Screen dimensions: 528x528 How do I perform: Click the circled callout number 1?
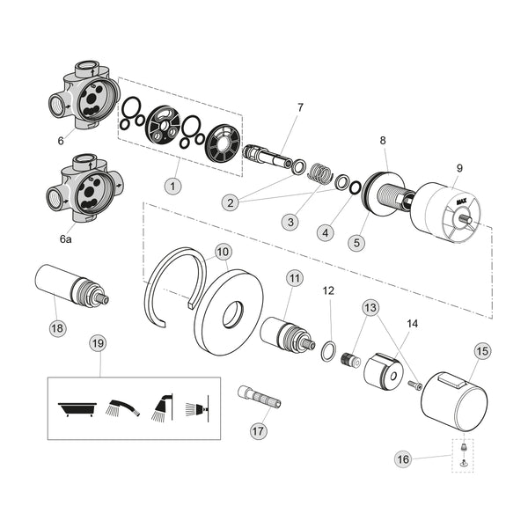[173, 187]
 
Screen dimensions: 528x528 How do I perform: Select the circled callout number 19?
[99, 343]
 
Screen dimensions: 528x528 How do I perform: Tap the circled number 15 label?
[482, 350]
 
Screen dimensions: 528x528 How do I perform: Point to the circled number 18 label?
[58, 328]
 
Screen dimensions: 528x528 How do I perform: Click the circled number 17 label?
[258, 431]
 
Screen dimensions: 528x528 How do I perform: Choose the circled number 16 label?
[403, 458]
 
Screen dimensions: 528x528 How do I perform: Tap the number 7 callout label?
[300, 107]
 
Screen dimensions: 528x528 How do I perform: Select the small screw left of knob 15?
[415, 385]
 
